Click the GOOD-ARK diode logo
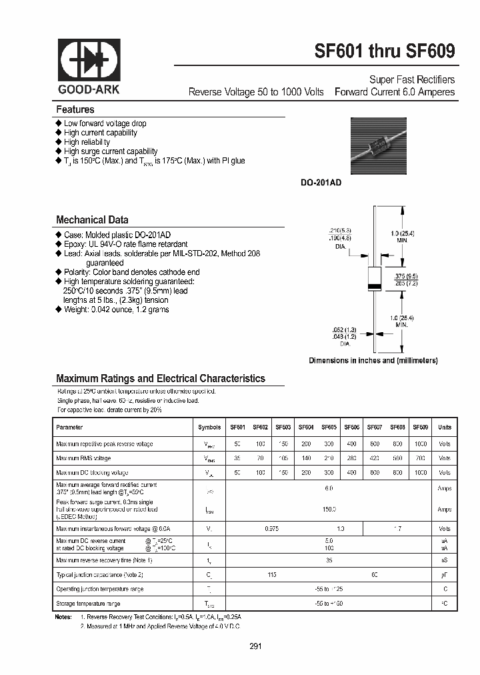[89, 61]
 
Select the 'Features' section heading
[75, 109]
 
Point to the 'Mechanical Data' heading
[92, 219]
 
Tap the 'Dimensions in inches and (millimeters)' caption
[373, 360]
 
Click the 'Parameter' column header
[70, 428]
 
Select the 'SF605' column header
[328, 428]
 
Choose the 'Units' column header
[444, 428]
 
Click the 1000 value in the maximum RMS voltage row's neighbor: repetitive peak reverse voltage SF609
[420, 444]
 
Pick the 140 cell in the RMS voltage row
[306, 458]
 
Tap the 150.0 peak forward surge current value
[329, 509]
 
